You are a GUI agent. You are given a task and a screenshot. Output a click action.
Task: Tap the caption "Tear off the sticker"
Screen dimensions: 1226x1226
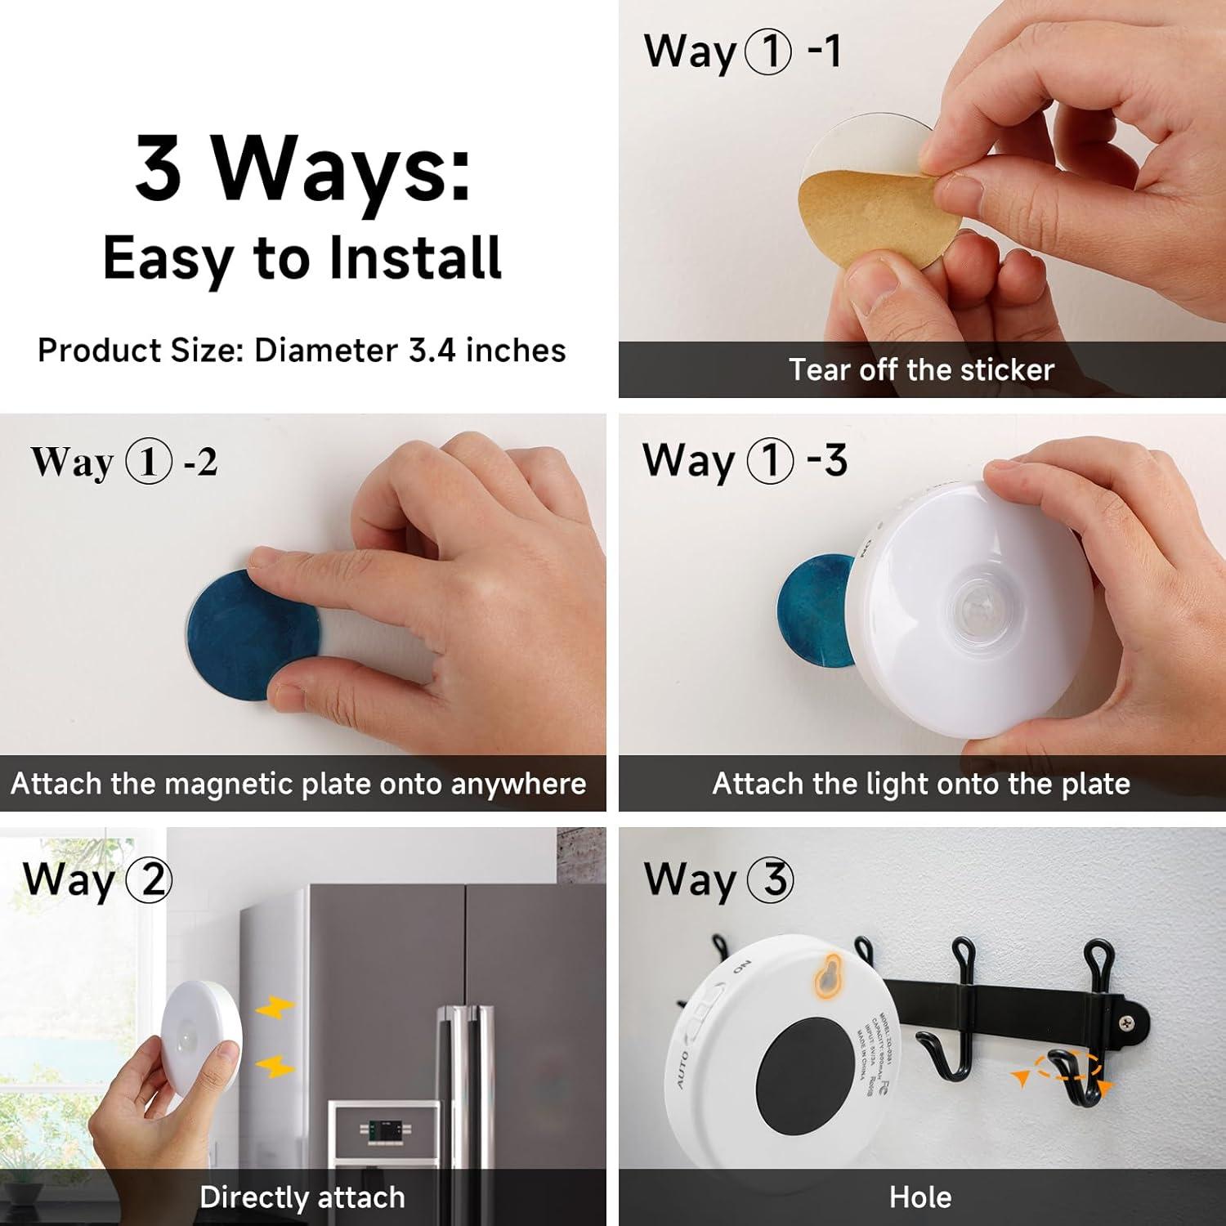pos(921,370)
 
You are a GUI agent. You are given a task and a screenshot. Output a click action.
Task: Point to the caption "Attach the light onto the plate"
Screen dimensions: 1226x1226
pos(921,784)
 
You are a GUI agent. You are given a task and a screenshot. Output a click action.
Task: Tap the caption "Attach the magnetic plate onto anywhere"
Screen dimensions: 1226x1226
pos(298,784)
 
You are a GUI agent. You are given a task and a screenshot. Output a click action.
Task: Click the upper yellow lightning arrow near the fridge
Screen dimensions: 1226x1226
pos(275,1010)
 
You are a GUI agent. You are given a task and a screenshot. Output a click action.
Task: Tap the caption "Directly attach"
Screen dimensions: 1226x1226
pos(302,1197)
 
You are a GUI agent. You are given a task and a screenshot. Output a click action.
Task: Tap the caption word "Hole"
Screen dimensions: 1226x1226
pos(920,1197)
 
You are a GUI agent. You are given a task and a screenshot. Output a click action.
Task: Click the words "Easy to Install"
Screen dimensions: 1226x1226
pos(302,259)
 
